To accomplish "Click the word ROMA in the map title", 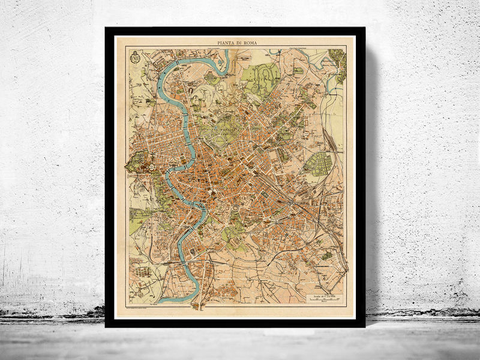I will [251, 43].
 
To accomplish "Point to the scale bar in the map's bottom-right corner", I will [324, 296].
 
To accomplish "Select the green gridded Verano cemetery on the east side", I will [317, 164].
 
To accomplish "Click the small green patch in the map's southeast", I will [326, 255].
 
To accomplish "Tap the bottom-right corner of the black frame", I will [364, 326].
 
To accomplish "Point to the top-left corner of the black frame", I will [106, 28].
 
